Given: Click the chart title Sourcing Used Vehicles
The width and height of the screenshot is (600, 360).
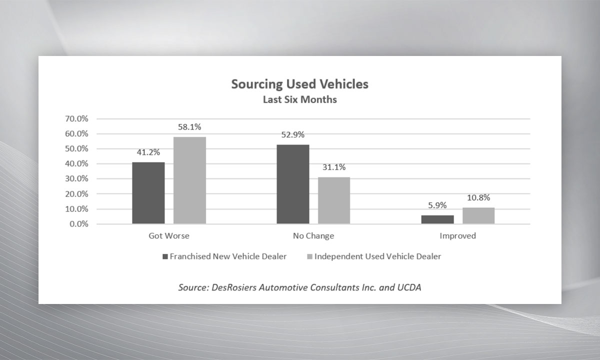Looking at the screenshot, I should [299, 84].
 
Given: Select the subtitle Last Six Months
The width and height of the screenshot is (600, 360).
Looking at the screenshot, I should [299, 99].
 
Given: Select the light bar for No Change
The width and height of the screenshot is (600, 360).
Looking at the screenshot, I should [334, 200].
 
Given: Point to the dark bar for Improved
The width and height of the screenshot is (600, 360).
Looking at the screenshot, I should [437, 219].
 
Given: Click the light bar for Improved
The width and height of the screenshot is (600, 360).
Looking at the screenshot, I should [478, 215].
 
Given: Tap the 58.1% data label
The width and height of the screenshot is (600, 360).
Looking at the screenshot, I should [189, 127].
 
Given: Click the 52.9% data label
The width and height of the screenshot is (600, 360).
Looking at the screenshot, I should [292, 134].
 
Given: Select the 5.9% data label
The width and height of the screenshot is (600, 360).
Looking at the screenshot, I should [437, 205].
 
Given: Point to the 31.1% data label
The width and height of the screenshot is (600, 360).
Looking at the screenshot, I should [334, 167].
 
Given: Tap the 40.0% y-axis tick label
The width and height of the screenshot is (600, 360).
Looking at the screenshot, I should [76, 164].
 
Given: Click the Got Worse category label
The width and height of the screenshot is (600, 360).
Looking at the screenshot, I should [169, 235].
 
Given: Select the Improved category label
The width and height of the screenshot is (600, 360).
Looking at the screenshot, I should [457, 235].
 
